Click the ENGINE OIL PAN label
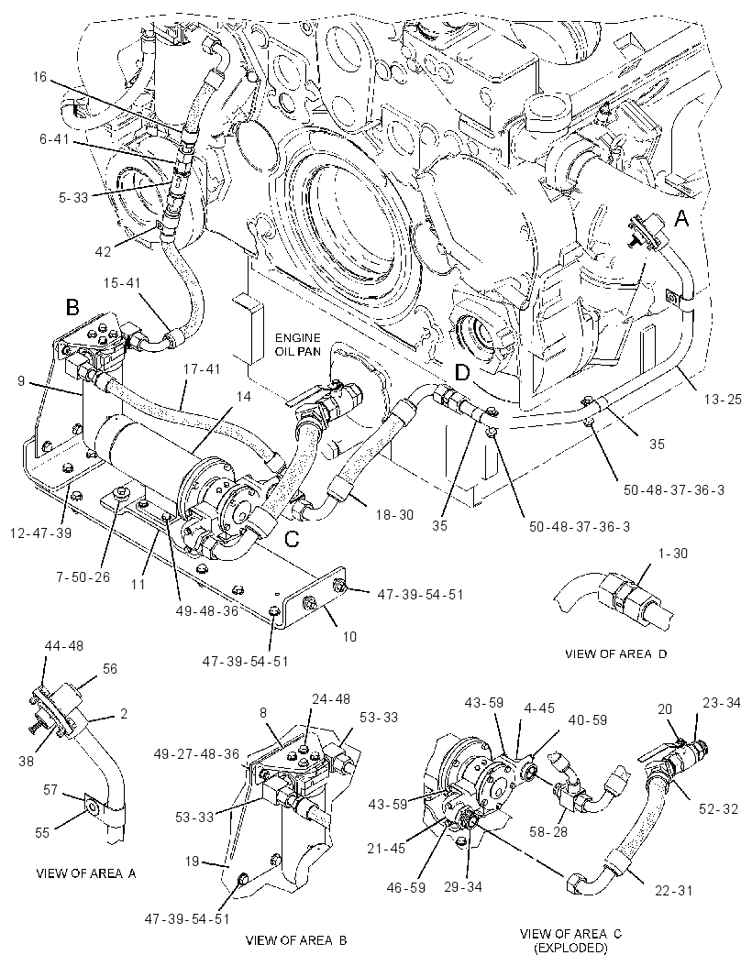point(298,344)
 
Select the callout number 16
point(40,77)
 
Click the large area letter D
point(463,372)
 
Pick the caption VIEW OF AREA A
point(86,873)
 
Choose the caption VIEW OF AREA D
point(616,654)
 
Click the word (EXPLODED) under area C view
point(570,949)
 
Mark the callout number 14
point(244,396)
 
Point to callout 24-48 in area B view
point(332,699)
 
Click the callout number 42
point(103,251)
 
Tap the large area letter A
point(682,218)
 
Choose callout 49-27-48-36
point(198,754)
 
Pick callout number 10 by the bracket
point(349,636)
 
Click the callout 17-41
point(202,369)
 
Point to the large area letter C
point(292,538)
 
